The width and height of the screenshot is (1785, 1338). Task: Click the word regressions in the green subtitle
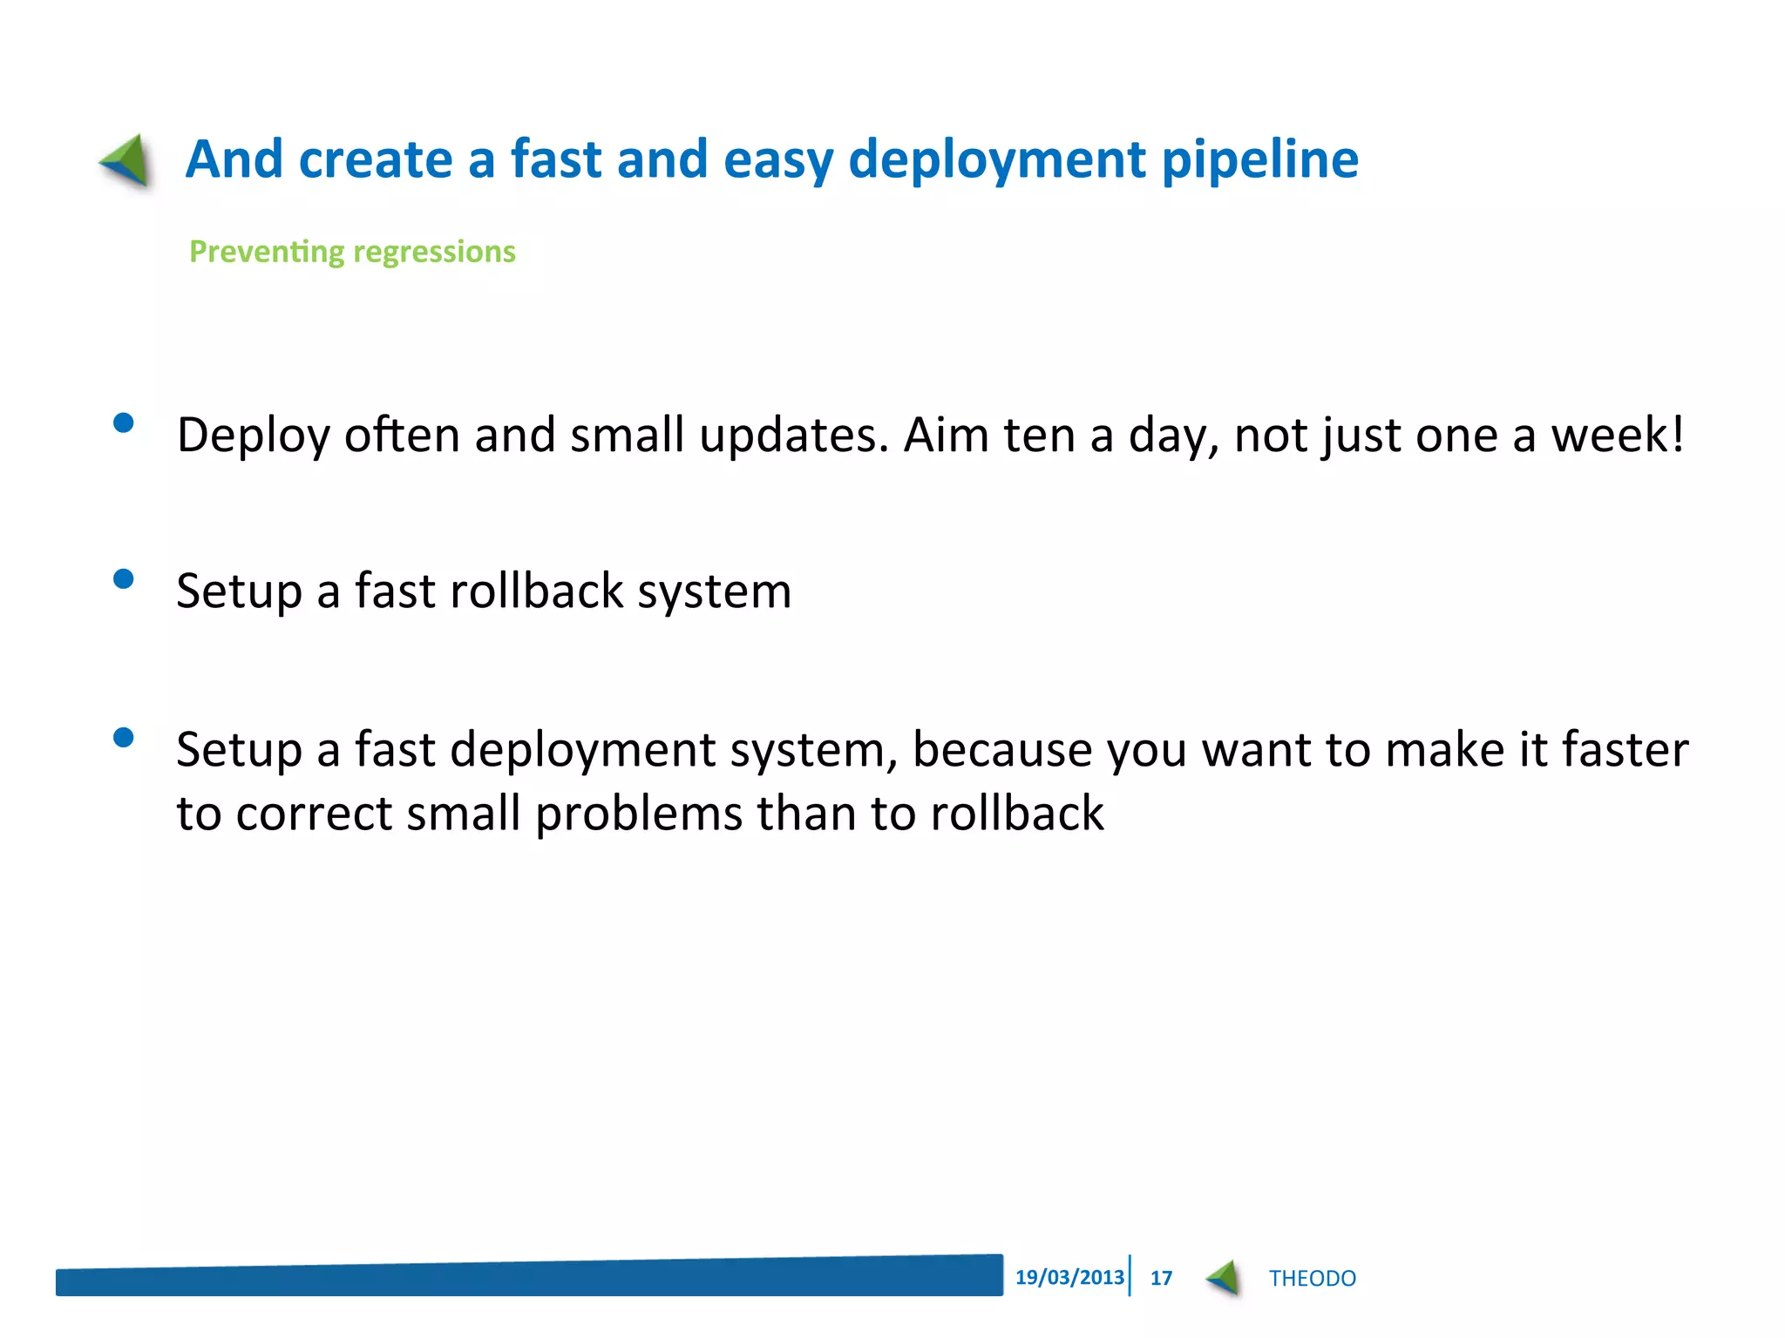click(434, 252)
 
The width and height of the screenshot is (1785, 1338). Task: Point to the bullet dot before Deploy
click(124, 423)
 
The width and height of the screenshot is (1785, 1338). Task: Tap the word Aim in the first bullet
click(946, 436)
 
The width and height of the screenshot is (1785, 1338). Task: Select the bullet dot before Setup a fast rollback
click(124, 579)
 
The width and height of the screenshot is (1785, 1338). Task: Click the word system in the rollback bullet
click(714, 592)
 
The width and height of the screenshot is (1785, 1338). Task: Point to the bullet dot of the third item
click(124, 738)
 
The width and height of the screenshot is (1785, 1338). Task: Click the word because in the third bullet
click(1002, 750)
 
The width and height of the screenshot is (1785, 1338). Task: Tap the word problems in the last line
click(638, 814)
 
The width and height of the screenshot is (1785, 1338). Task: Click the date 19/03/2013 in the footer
click(1069, 1277)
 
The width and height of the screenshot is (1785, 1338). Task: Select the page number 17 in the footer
click(1161, 1278)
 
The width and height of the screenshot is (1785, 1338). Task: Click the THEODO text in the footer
click(1312, 1278)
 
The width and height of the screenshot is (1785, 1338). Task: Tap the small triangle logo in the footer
click(1225, 1278)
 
